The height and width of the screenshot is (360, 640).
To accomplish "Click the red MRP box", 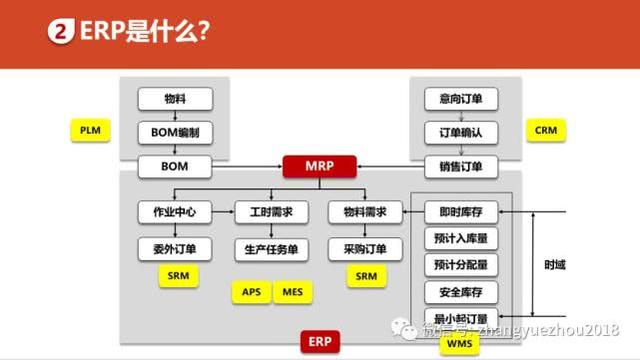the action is [319, 164].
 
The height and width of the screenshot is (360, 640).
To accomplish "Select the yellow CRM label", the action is [545, 131].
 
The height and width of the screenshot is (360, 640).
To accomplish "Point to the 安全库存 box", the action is [461, 292].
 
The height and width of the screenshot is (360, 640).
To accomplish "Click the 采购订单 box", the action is [365, 247].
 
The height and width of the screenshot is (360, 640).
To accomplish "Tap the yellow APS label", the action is [251, 291].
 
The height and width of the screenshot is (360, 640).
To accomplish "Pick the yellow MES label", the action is [292, 291].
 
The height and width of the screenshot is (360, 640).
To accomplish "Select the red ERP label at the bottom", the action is [319, 341].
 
